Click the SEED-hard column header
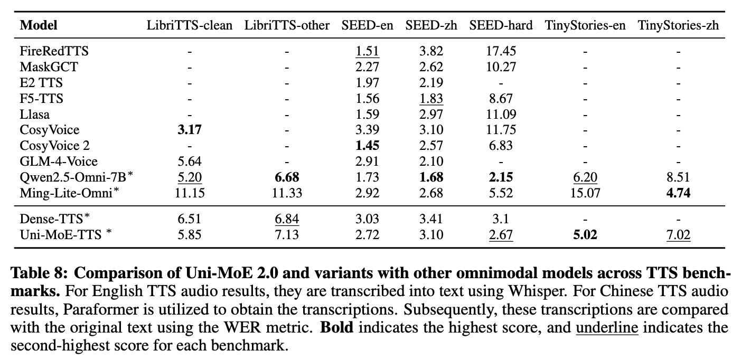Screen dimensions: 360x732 (x=500, y=25)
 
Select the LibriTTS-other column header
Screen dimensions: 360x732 (x=287, y=25)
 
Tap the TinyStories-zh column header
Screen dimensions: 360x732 (x=678, y=25)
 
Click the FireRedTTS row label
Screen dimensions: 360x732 (x=54, y=51)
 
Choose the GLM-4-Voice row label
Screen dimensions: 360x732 (x=59, y=161)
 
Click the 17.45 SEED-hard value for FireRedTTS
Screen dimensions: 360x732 (x=500, y=51)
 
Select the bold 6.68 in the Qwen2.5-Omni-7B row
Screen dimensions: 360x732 (x=287, y=177)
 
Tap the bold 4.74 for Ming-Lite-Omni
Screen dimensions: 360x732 (x=678, y=193)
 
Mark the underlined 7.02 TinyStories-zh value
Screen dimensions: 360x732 (x=678, y=234)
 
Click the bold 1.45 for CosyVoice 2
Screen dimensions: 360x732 (x=367, y=146)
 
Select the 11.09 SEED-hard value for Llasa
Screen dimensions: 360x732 (x=500, y=114)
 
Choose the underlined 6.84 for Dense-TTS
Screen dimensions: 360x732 (x=287, y=219)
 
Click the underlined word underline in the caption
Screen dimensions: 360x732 (x=607, y=328)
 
